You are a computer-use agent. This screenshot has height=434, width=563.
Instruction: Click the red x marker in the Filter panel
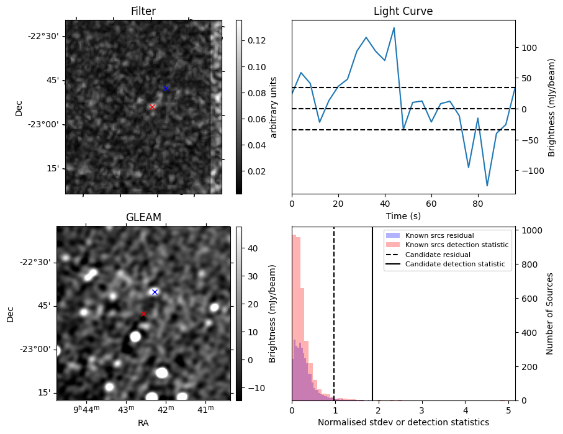pos(152,107)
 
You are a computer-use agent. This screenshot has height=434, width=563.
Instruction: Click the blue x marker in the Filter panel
pos(166,88)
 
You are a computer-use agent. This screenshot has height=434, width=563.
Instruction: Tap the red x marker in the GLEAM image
pos(143,314)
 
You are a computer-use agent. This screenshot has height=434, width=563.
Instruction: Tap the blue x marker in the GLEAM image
pos(155,292)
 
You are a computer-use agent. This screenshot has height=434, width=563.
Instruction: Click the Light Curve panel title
pos(403,11)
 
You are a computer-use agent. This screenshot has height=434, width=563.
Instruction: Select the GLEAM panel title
pos(143,217)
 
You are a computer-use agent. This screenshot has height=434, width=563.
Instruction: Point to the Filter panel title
pos(143,11)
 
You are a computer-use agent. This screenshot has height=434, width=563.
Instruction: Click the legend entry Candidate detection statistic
pos(454,264)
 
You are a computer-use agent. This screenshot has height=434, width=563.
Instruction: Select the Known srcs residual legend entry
pos(439,235)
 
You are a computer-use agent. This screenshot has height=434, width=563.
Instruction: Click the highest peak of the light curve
pos(394,28)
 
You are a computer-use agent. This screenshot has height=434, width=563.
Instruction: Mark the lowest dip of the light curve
pos(487,186)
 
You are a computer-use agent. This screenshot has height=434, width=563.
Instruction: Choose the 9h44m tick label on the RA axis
pos(86,409)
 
